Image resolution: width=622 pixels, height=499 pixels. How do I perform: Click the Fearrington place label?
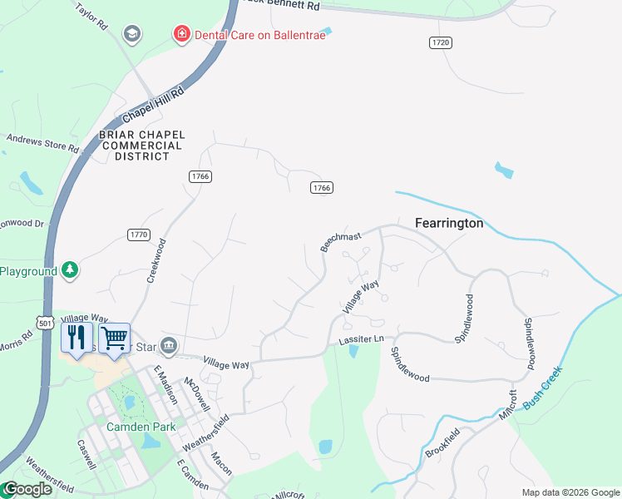(449, 223)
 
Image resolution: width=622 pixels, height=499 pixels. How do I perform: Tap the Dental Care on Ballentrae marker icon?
(180, 34)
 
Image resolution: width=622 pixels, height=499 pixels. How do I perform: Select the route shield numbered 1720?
(441, 42)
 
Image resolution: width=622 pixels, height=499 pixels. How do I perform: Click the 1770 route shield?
(139, 235)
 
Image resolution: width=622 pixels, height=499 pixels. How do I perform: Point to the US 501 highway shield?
(45, 321)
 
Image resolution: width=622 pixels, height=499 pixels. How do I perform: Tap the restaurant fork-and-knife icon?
(77, 337)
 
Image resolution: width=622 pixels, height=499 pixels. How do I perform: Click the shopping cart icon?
(115, 337)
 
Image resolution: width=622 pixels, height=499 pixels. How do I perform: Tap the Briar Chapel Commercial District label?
(141, 145)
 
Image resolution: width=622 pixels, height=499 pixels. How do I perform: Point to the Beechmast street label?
(341, 241)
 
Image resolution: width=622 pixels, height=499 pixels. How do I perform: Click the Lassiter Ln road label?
(361, 339)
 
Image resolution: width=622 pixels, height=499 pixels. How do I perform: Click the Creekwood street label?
(156, 261)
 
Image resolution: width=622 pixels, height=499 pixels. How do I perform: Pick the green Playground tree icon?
(71, 270)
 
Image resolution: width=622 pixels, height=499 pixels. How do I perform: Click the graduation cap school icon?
(131, 33)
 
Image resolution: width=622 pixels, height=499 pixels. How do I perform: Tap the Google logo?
(27, 490)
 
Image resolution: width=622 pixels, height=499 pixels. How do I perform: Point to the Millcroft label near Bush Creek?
(507, 406)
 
